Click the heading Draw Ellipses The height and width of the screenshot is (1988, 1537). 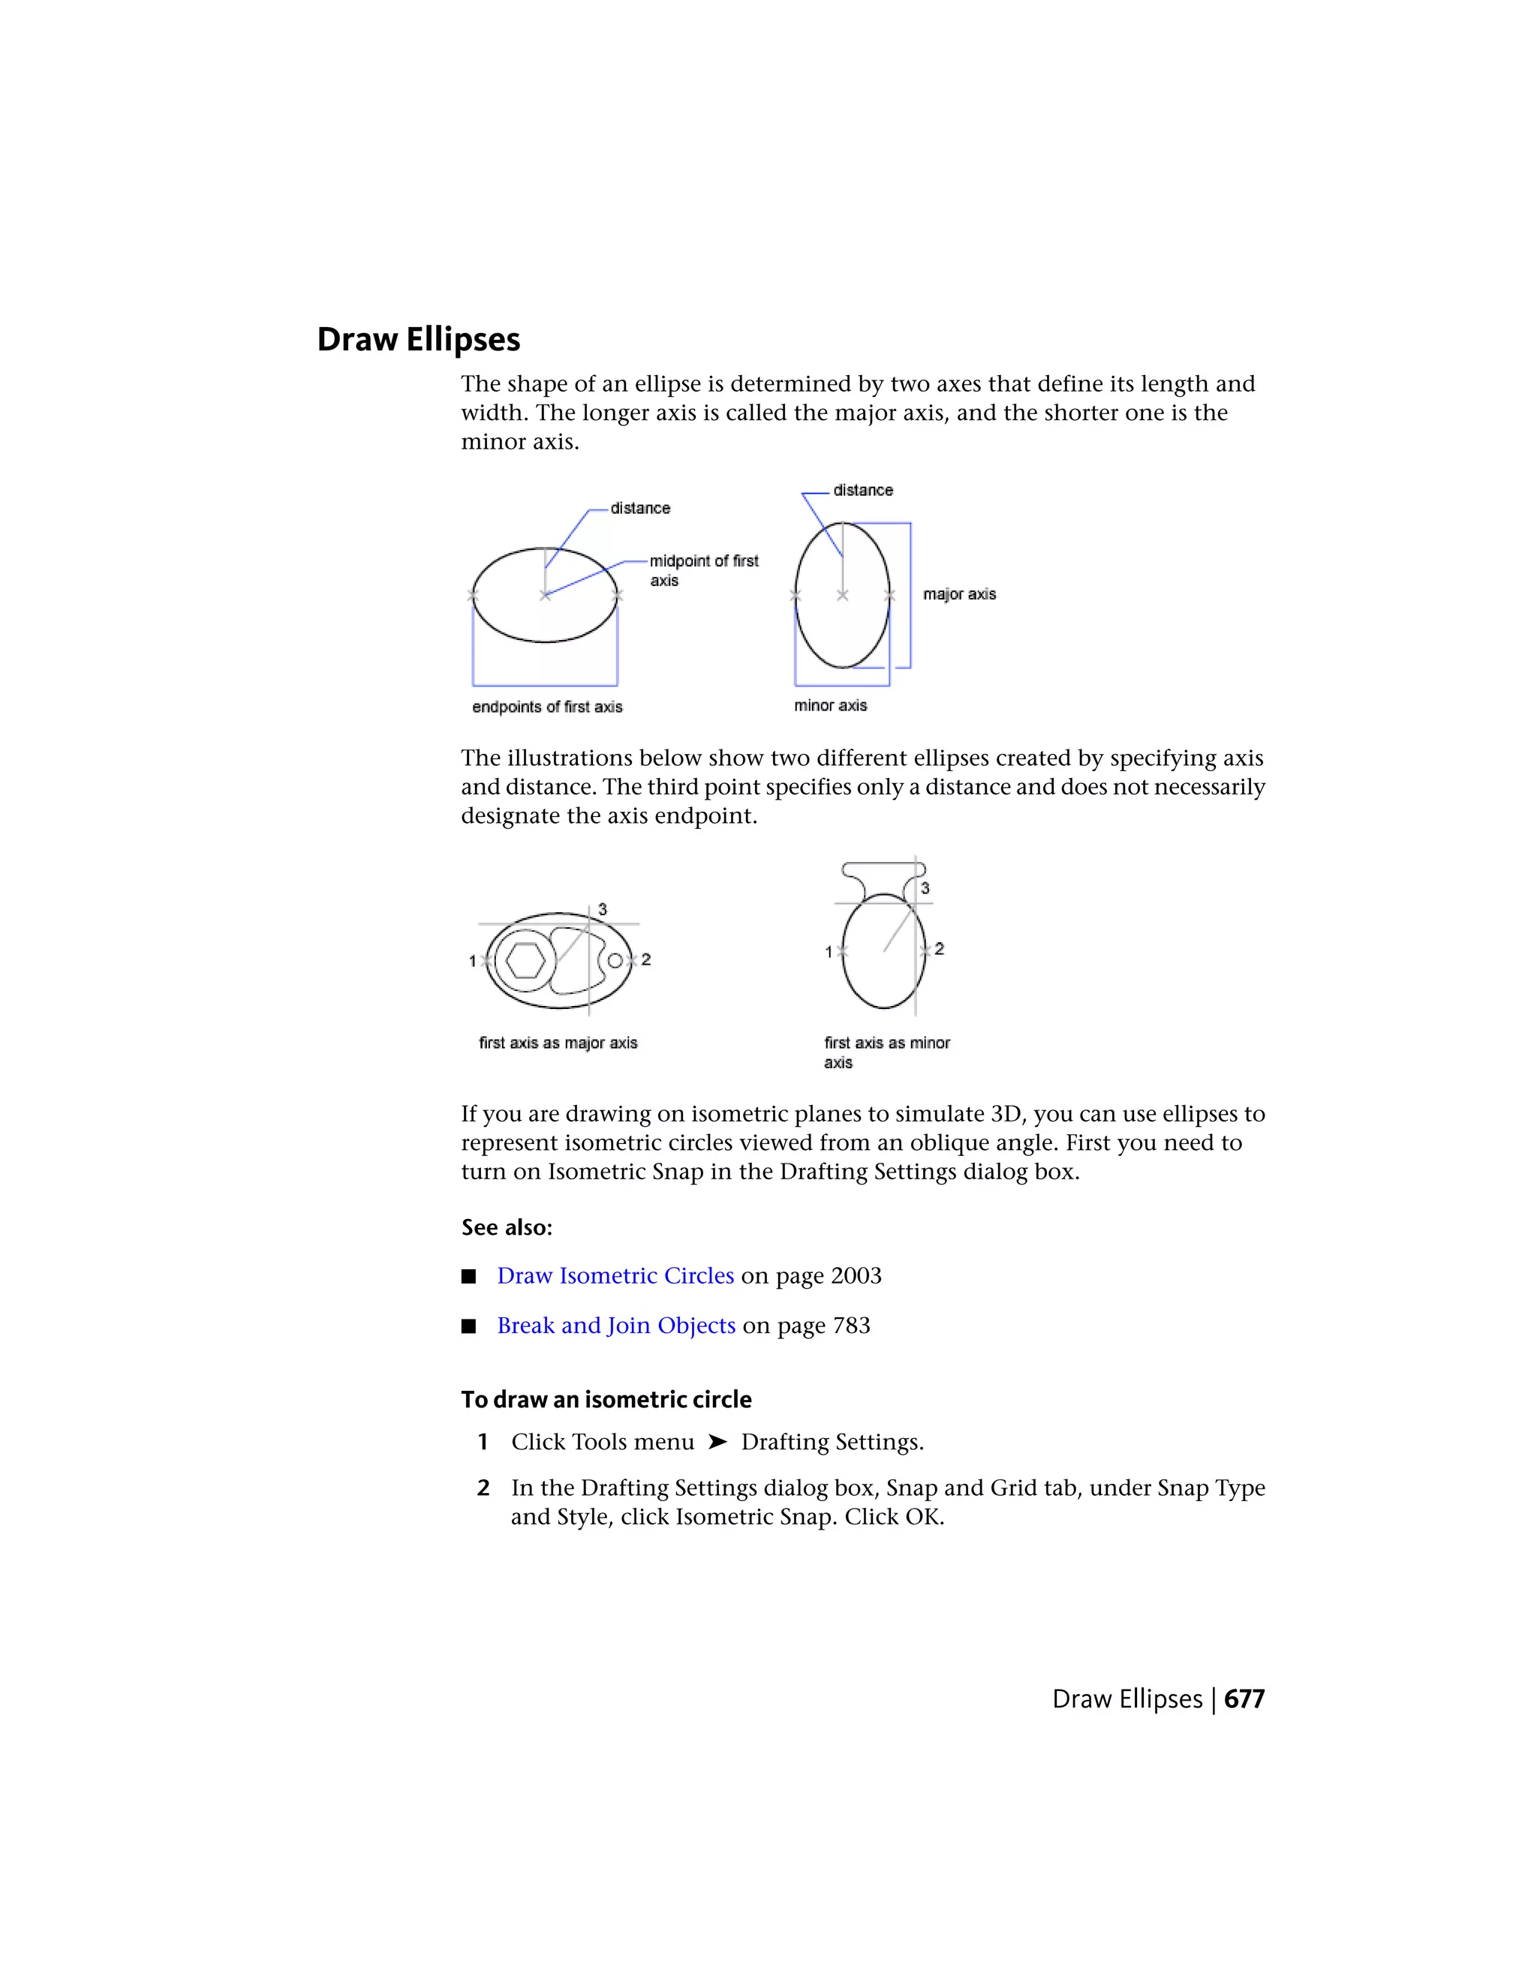pos(418,340)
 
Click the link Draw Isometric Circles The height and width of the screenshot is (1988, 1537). pos(615,1275)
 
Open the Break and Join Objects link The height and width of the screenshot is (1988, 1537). pos(615,1326)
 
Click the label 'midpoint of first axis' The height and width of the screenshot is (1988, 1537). pos(703,571)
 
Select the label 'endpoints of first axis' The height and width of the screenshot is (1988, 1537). pos(546,707)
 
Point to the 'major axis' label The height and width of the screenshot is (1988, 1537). pos(959,594)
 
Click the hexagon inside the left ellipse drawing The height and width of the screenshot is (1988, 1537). pos(525,960)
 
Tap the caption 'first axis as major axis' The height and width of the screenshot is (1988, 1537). pos(558,1044)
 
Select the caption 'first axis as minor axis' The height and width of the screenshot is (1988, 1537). pos(886,1053)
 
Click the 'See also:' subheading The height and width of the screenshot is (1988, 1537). pos(507,1228)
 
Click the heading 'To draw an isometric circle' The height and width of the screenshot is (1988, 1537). pos(606,1399)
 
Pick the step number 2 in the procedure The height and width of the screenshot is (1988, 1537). pos(483,1488)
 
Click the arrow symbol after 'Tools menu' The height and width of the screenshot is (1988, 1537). pos(717,1442)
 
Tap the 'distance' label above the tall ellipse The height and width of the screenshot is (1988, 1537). pos(862,491)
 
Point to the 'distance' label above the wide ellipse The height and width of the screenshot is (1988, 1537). pos(639,508)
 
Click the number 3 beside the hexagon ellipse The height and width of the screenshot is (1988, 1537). pos(602,909)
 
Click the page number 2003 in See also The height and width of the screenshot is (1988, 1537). pos(855,1275)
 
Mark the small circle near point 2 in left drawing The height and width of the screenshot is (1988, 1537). pos(615,960)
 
